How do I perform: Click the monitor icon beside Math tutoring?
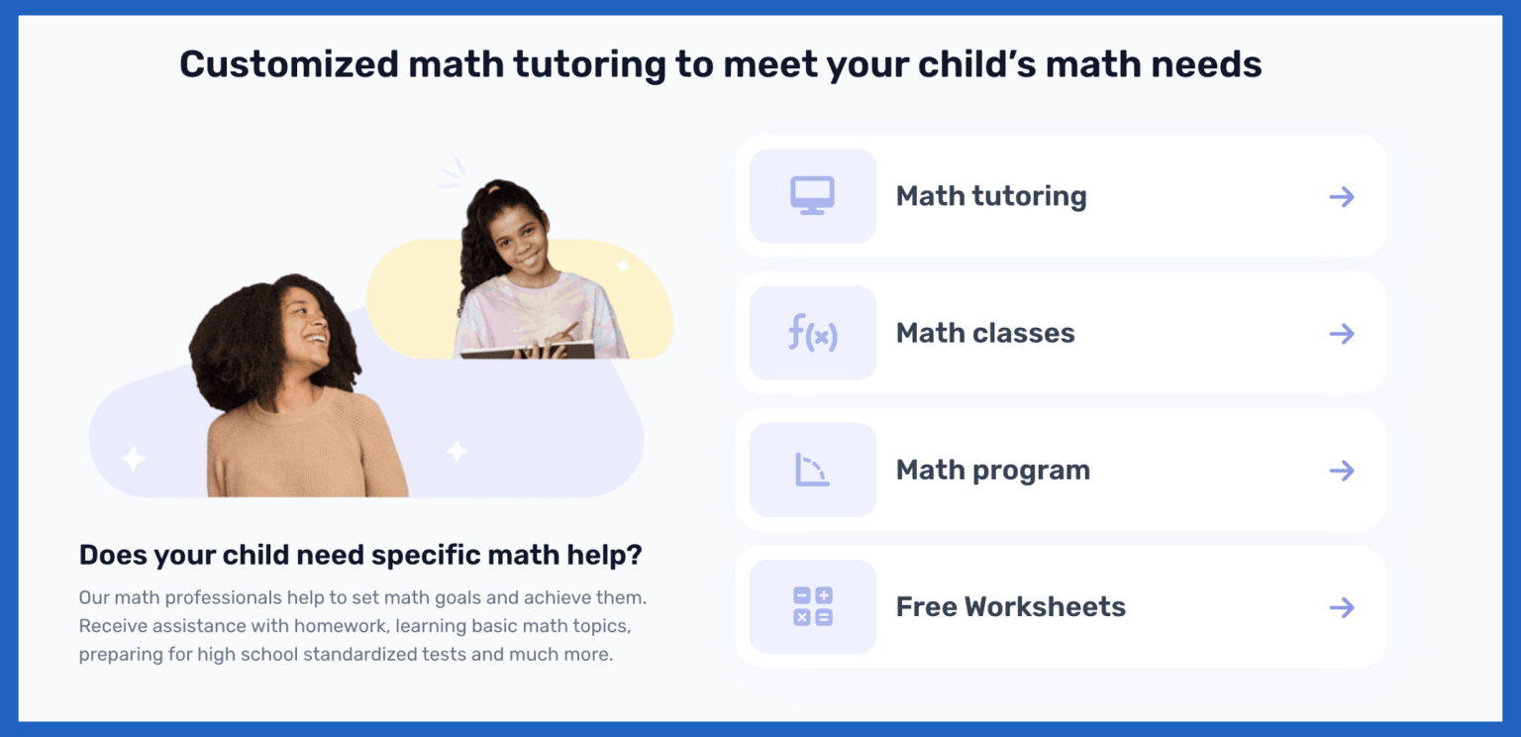[x=812, y=195]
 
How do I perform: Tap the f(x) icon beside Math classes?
[x=812, y=333]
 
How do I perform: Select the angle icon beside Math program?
[x=812, y=470]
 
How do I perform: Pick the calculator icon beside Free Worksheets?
[x=812, y=606]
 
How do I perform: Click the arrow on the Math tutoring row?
[x=1342, y=196]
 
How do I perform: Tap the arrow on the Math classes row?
[x=1342, y=334]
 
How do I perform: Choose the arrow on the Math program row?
[x=1342, y=471]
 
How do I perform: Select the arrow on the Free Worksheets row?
[x=1342, y=607]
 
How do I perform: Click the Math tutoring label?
[x=991, y=196]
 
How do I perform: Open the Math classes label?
[x=985, y=333]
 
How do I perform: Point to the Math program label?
[x=993, y=470]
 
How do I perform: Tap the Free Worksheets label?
[x=1011, y=606]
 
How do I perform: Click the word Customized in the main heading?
[x=286, y=64]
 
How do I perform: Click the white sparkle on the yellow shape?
[x=623, y=265]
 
